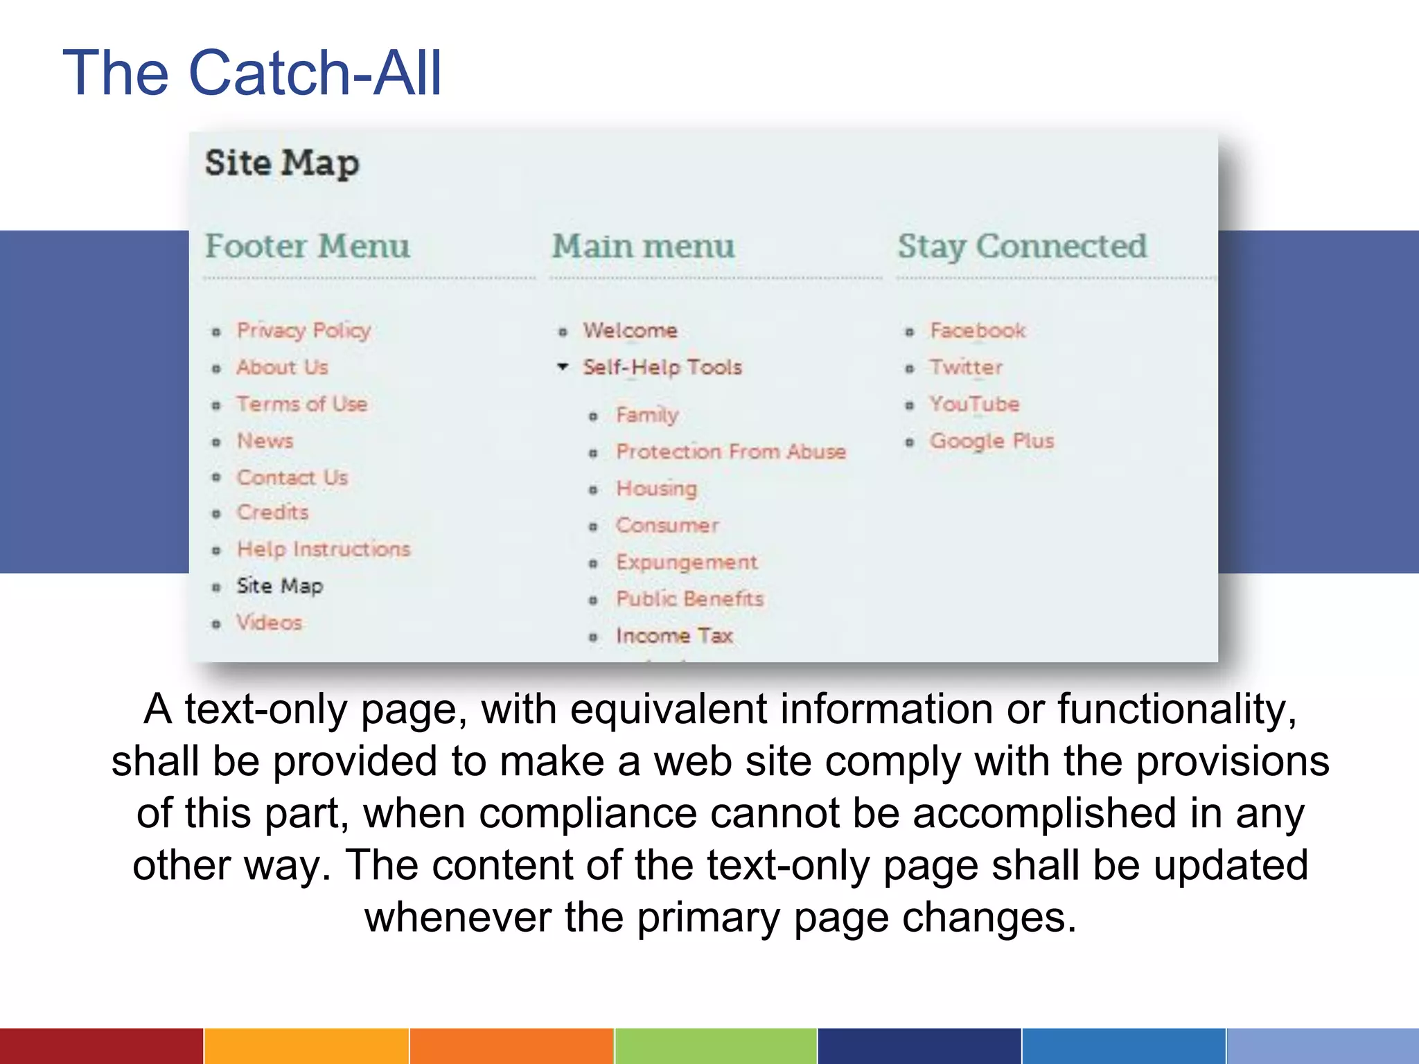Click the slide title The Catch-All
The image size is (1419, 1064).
pos(252,73)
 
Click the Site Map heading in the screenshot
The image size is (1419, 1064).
pos(282,163)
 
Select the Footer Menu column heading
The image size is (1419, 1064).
pos(307,247)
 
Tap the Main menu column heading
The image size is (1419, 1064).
pos(643,247)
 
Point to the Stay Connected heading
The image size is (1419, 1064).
pos(1022,247)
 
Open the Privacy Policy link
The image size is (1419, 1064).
pos(303,330)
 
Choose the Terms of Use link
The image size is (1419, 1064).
pos(301,404)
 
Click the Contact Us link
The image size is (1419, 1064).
pos(292,477)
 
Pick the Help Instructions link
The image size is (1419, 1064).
pos(324,549)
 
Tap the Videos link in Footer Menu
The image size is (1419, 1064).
pos(269,623)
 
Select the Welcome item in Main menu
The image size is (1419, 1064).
pos(630,330)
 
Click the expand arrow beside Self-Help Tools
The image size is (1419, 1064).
pos(563,366)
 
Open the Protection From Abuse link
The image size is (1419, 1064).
pos(731,452)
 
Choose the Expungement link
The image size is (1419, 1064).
pos(687,562)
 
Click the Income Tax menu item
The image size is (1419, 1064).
pos(674,635)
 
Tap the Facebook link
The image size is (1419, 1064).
pos(977,330)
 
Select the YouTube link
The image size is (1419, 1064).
pos(974,404)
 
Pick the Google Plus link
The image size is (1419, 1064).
pos(991,441)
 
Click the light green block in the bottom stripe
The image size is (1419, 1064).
pos(716,1046)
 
